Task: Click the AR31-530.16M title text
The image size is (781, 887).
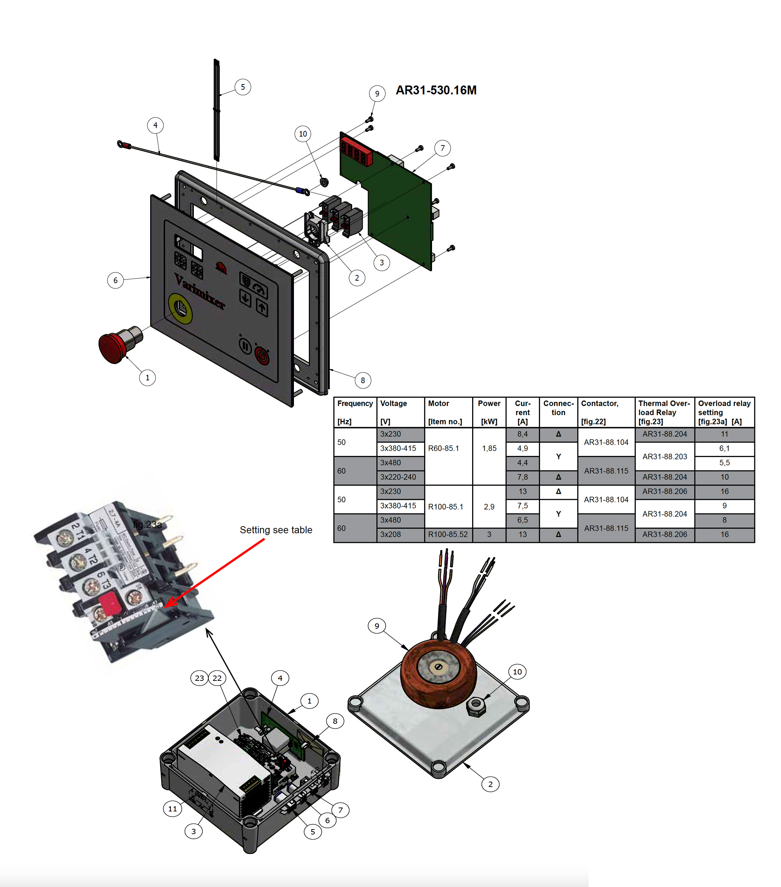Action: [436, 90]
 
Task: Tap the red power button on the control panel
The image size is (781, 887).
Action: [262, 356]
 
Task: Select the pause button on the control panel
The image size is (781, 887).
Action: [245, 346]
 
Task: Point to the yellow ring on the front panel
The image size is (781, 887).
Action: [180, 309]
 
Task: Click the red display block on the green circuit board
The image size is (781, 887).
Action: [356, 151]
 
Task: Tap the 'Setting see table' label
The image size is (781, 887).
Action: [276, 530]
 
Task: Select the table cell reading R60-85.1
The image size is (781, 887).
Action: [443, 448]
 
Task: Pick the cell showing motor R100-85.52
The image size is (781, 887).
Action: [448, 535]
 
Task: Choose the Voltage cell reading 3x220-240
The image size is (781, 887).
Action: [398, 477]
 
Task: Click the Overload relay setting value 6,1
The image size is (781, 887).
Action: [724, 448]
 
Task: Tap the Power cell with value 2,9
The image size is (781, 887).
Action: [489, 506]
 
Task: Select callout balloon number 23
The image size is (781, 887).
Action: [199, 678]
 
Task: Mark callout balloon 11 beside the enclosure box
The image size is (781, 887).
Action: [172, 809]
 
